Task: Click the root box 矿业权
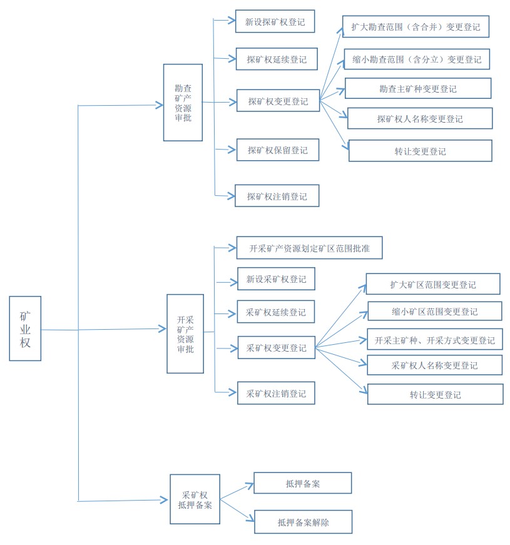[25, 328]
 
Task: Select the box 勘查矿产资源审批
[183, 102]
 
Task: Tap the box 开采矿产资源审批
[185, 334]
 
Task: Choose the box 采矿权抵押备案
[195, 499]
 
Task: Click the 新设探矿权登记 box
[275, 21]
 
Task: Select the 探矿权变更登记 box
[278, 101]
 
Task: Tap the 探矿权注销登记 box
[277, 196]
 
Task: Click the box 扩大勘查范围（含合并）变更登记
[416, 27]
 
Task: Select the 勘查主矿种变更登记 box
[418, 88]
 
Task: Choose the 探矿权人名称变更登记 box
[420, 118]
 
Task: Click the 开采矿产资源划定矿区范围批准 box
[309, 248]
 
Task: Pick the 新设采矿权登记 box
[276, 279]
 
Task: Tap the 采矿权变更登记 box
[276, 347]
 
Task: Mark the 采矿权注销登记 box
[275, 393]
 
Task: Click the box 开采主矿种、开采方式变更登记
[434, 340]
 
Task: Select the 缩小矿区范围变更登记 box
[434, 311]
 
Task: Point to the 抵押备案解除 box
[303, 522]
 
